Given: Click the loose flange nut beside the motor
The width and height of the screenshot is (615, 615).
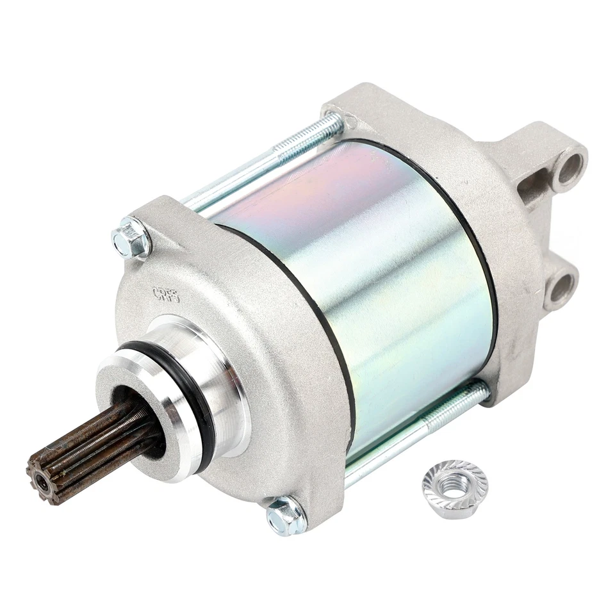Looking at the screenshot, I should (x=455, y=489).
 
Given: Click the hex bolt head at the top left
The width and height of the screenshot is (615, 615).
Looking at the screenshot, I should (x=131, y=238).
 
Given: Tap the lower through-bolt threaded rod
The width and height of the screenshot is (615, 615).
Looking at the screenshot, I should (x=416, y=426).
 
